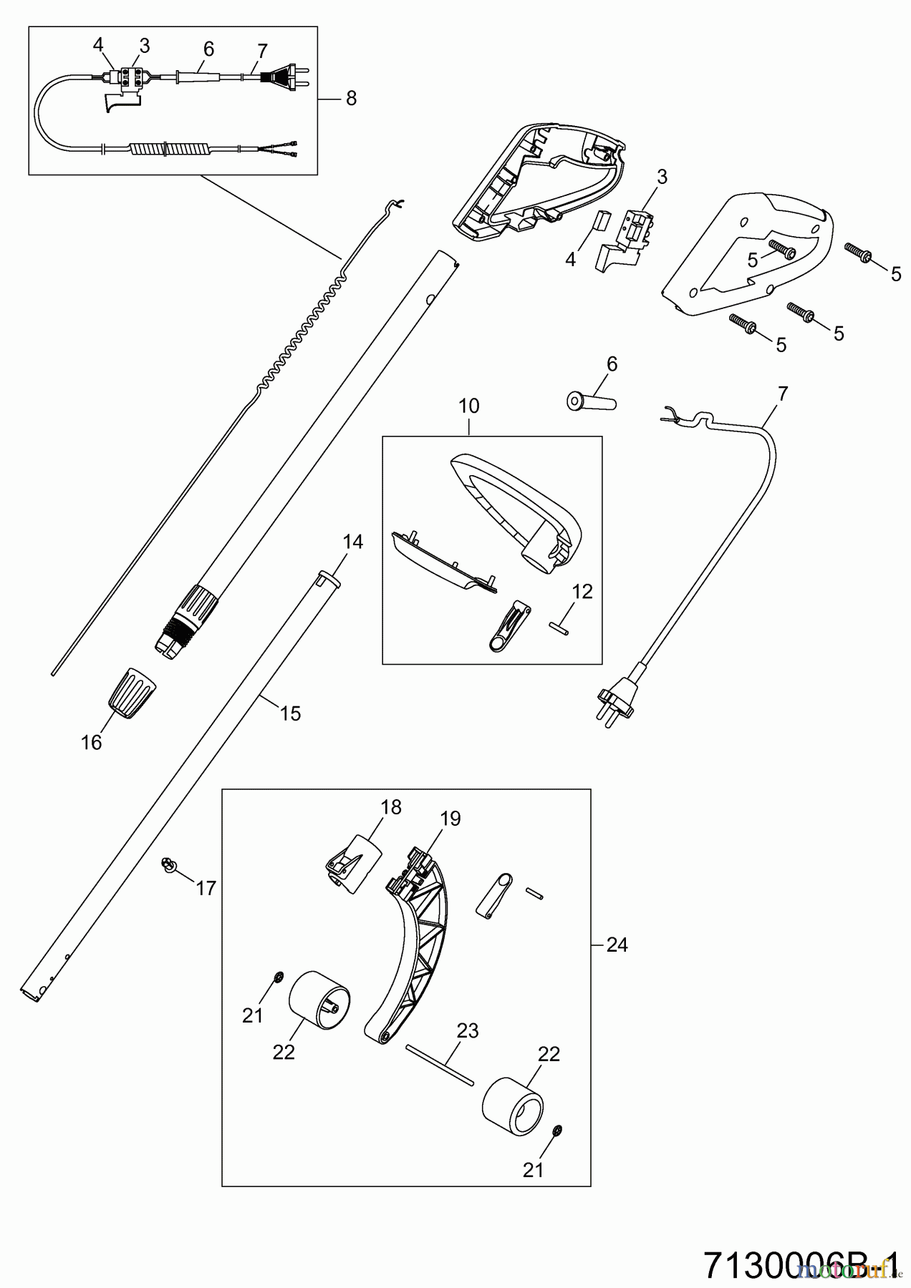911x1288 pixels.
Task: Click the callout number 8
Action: (351, 98)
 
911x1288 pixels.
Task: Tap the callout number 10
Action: (468, 406)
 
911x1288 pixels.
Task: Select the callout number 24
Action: (617, 945)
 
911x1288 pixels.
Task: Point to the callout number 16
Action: (91, 743)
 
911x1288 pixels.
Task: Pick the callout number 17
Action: (206, 888)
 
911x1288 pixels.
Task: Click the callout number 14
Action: (352, 542)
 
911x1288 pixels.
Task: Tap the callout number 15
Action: (290, 713)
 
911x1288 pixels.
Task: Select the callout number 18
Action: (391, 806)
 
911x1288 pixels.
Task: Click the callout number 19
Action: (450, 818)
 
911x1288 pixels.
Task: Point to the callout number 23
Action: (468, 1031)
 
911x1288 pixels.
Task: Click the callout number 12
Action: (583, 591)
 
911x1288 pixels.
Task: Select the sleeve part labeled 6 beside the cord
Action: (592, 401)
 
